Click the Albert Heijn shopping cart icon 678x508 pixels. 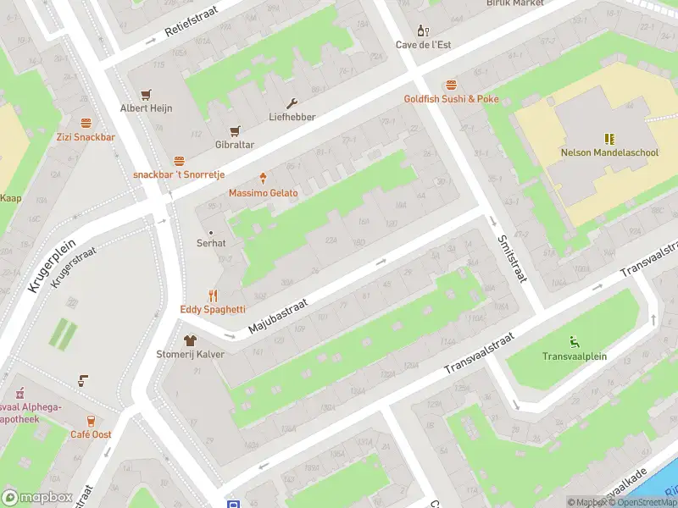(146, 94)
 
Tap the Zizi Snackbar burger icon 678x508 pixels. (86, 123)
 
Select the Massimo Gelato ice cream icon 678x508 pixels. (263, 179)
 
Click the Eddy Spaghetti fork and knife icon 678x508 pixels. (213, 295)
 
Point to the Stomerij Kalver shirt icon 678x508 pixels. (190, 340)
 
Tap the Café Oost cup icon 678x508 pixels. (91, 421)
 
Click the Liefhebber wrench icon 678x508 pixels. (292, 103)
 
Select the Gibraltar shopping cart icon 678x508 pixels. (235, 131)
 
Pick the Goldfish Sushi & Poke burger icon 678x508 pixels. (451, 85)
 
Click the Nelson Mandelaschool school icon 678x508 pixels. (609, 138)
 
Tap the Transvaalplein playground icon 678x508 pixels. (575, 342)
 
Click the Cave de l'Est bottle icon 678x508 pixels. (423, 30)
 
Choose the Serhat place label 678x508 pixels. (211, 243)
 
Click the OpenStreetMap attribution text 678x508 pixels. (641, 502)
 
